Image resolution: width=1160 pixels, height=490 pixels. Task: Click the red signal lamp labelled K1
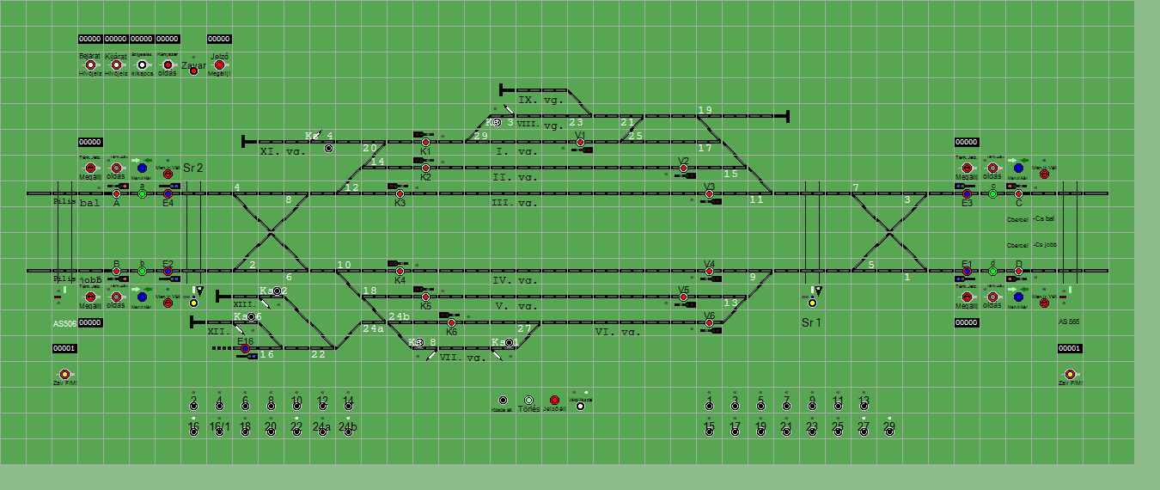(425, 143)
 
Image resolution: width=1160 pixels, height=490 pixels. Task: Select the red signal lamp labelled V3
(709, 194)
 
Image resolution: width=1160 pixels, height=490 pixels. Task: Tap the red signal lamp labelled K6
(451, 323)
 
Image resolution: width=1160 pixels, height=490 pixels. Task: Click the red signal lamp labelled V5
(683, 297)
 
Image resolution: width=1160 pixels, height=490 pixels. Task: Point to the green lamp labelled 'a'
(142, 194)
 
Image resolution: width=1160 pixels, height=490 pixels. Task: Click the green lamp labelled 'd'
(992, 272)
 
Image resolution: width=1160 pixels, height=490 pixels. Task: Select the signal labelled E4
(168, 194)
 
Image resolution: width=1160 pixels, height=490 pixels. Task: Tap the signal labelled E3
(967, 194)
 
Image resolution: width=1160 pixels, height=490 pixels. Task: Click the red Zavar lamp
(193, 70)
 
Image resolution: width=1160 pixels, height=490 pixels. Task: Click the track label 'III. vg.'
(514, 203)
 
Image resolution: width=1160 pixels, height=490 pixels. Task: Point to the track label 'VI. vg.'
(615, 332)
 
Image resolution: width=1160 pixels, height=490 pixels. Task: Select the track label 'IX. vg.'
(540, 101)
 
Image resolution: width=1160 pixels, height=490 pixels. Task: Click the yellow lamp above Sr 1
(812, 303)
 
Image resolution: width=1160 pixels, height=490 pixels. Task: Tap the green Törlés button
(528, 401)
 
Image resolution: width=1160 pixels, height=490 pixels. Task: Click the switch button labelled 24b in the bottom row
(348, 432)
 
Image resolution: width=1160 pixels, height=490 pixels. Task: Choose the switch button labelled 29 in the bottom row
(889, 432)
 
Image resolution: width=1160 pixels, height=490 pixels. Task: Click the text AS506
(65, 323)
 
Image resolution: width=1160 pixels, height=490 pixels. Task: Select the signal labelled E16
(245, 349)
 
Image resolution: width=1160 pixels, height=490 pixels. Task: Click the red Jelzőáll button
(554, 401)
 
